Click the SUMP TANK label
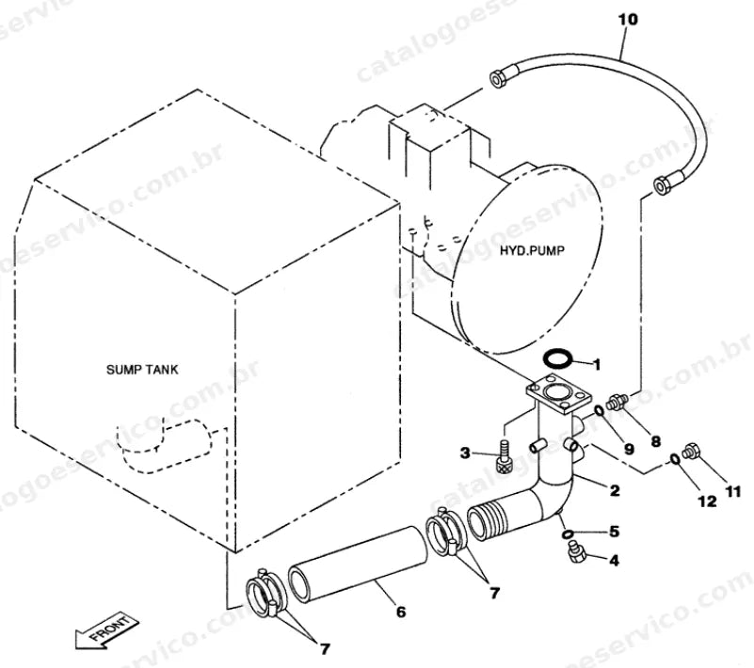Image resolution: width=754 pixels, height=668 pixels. tap(142, 370)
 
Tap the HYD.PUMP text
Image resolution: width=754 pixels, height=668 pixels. tap(532, 250)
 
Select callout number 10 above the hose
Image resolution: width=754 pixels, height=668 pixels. tap(627, 20)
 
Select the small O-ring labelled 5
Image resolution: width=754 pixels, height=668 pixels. tap(568, 533)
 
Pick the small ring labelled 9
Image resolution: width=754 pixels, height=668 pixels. tap(600, 411)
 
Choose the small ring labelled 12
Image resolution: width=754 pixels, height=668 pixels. tap(675, 459)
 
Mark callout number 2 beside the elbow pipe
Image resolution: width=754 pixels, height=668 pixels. tap(615, 491)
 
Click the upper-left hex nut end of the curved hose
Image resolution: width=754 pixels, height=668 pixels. tap(498, 78)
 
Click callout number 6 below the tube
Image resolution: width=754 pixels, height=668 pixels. tap(401, 612)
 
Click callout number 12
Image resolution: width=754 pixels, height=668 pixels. tap(707, 501)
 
